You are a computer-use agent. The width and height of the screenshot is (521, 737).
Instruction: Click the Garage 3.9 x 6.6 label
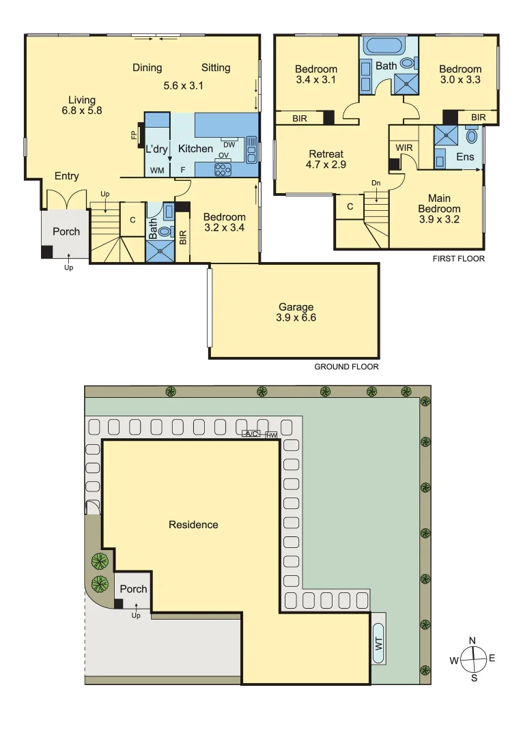click(x=296, y=312)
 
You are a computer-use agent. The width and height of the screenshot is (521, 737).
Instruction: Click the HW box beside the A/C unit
click(x=272, y=435)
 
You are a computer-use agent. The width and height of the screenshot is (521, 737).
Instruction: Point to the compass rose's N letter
click(x=472, y=640)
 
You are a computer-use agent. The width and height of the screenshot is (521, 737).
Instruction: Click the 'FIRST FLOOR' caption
click(x=458, y=259)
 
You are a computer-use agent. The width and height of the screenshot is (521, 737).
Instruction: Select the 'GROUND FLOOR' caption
click(x=346, y=366)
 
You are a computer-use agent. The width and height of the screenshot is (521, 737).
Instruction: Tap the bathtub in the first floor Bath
click(x=384, y=46)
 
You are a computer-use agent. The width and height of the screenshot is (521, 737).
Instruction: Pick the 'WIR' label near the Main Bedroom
click(x=403, y=147)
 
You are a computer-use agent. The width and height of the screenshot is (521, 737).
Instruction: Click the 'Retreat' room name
click(x=326, y=154)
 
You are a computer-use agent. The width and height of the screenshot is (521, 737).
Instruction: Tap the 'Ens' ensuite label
click(x=465, y=157)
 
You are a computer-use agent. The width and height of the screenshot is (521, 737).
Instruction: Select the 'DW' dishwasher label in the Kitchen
click(x=229, y=145)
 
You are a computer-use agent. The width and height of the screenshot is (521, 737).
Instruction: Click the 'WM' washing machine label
click(x=156, y=169)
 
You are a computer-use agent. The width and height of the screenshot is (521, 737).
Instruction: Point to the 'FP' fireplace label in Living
click(x=134, y=135)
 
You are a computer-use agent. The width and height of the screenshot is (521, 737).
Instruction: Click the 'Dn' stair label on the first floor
click(x=376, y=183)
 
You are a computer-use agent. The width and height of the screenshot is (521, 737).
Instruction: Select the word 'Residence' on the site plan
click(x=193, y=525)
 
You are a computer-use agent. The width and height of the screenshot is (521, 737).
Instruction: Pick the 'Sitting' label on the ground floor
click(x=216, y=68)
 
